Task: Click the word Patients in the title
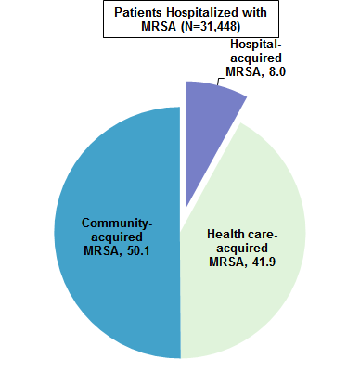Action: tap(138, 12)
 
